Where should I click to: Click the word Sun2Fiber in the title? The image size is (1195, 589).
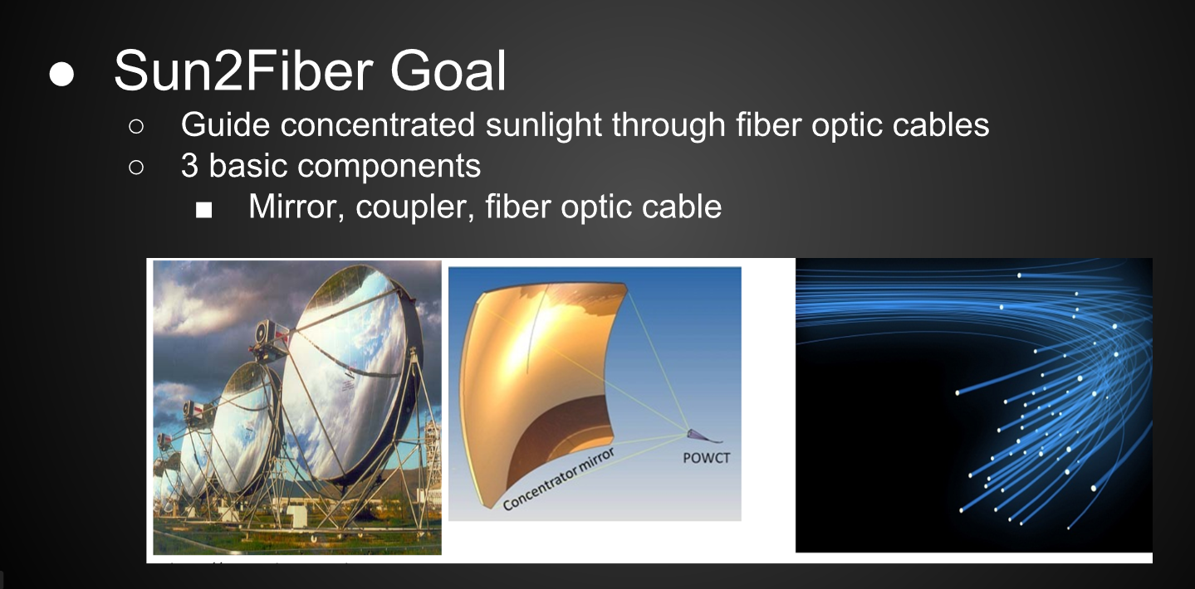(243, 71)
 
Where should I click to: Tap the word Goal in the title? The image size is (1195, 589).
(448, 71)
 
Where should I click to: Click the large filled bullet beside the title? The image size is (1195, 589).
(61, 74)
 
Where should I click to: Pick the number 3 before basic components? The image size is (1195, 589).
(189, 166)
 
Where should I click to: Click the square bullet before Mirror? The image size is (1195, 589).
(203, 210)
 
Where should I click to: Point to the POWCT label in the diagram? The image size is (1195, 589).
(707, 458)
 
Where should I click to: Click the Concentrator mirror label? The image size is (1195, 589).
(559, 478)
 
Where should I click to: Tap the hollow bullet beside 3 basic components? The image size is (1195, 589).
(136, 167)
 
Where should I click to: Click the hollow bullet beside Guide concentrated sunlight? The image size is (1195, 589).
(136, 126)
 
